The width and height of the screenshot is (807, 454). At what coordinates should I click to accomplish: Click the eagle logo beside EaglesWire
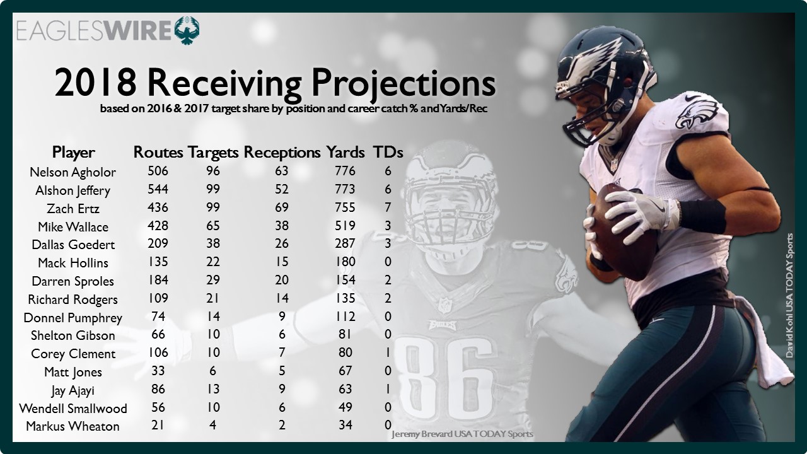[187, 30]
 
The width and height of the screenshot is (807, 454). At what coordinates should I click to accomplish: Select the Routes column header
[158, 153]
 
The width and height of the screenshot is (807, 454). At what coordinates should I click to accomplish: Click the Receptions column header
[282, 153]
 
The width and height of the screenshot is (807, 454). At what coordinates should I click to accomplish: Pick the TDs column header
[388, 153]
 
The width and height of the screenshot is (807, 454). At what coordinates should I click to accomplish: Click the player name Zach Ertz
[73, 209]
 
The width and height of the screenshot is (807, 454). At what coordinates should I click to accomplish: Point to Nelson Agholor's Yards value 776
[345, 171]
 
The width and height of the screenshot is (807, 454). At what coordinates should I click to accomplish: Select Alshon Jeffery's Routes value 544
[158, 189]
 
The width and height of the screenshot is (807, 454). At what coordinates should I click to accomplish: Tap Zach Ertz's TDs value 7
[388, 207]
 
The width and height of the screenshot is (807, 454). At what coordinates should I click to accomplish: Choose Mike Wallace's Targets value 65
[213, 226]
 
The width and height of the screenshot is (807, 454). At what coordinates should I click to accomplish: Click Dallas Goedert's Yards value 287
[345, 243]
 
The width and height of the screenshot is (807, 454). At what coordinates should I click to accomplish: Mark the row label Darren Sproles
[73, 281]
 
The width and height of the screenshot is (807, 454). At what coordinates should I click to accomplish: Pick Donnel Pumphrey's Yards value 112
[345, 317]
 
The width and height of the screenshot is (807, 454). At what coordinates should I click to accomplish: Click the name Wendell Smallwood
[73, 408]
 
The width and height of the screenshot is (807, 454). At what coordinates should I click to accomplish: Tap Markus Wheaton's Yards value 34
[345, 425]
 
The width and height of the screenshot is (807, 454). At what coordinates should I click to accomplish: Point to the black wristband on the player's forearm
[702, 216]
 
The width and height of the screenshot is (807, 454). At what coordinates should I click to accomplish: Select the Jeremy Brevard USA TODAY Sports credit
[462, 434]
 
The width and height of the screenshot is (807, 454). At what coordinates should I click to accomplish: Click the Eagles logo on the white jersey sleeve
[697, 113]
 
